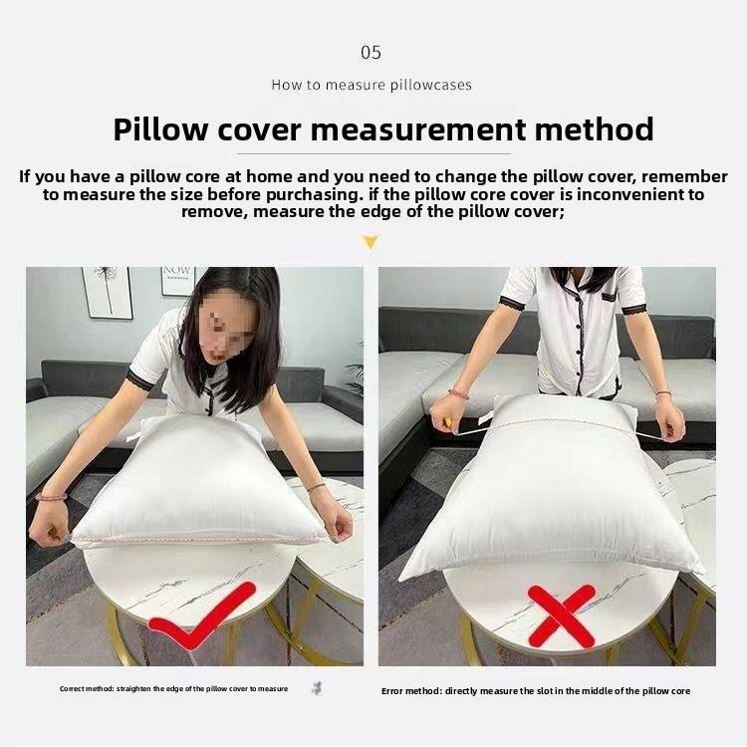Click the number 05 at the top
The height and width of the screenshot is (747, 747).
(x=371, y=53)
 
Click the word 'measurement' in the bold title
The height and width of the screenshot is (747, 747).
(x=418, y=129)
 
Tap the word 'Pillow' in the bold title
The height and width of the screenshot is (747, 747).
(x=160, y=129)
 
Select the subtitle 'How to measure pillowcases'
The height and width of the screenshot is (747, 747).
(x=372, y=86)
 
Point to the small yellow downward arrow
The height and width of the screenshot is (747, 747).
(x=371, y=242)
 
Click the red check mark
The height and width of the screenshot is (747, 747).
(x=202, y=616)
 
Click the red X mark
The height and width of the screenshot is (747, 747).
(x=562, y=616)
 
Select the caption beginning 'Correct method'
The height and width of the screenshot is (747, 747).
(x=173, y=689)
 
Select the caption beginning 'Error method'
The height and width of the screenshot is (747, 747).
(x=536, y=691)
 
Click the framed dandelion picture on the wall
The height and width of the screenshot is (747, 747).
(x=107, y=292)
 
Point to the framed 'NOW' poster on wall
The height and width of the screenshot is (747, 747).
(x=177, y=281)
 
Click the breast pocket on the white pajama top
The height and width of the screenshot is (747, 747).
(x=609, y=296)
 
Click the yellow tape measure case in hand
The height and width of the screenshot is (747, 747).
(x=449, y=421)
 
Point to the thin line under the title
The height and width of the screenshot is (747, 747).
(x=373, y=153)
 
